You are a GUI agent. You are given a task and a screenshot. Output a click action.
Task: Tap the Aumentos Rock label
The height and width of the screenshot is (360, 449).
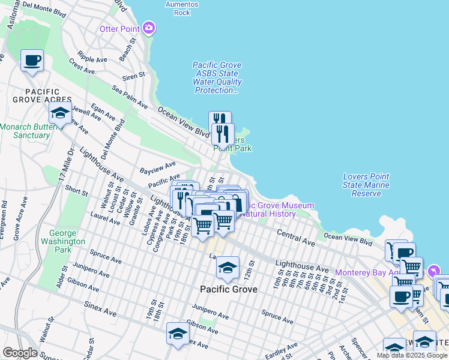pos(182,8)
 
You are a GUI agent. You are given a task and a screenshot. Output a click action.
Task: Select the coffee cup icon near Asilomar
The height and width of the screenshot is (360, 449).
pos(32,61)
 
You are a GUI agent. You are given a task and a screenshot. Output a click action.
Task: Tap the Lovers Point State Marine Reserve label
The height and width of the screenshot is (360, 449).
pos(366,185)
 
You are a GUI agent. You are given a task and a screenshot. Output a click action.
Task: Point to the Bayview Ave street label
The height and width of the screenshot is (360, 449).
pos(157,166)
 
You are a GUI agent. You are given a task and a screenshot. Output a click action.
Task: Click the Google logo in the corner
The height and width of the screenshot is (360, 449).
pos(20,353)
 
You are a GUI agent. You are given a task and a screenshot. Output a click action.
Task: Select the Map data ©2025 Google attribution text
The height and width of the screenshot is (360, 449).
pos(412,355)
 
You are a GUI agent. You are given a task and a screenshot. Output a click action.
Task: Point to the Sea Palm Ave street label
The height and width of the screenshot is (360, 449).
pos(130,96)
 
